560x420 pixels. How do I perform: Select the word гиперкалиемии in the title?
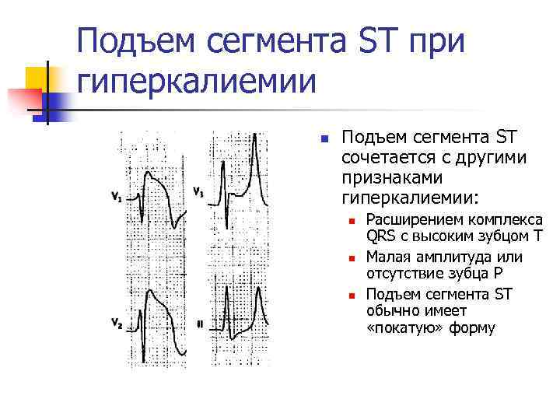[x=198, y=80]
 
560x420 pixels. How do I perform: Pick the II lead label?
[x=200, y=323]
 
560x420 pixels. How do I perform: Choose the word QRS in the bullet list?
[x=380, y=238]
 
